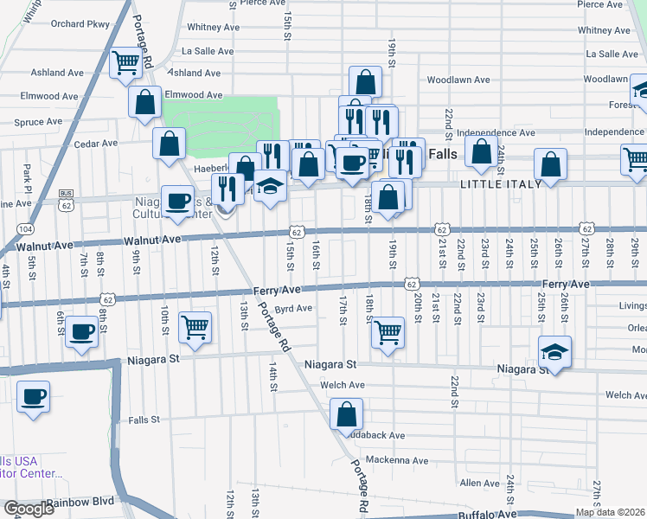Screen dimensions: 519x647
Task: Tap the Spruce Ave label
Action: click(x=38, y=122)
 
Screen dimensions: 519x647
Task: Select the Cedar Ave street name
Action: click(x=95, y=144)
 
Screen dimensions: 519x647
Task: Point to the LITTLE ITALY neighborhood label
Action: click(x=501, y=183)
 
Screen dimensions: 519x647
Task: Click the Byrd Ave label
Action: click(x=292, y=308)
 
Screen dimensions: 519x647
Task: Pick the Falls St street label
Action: click(x=144, y=420)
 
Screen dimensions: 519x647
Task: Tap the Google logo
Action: click(x=29, y=509)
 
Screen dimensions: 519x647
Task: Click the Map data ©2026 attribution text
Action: click(x=609, y=512)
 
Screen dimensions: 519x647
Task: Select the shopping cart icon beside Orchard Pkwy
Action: click(x=126, y=62)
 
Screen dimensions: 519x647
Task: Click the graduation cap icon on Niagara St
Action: click(x=554, y=351)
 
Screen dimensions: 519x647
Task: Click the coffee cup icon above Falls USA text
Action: click(x=34, y=397)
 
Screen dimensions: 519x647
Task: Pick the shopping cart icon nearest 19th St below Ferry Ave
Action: click(x=388, y=330)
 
